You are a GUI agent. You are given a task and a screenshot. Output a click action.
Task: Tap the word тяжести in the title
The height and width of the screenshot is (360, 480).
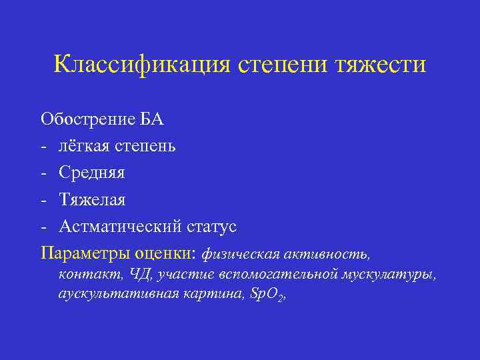click(382, 65)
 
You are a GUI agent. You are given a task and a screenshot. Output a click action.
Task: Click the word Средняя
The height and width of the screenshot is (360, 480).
click(91, 173)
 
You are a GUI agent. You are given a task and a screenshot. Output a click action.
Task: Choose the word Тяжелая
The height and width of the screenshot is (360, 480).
click(92, 199)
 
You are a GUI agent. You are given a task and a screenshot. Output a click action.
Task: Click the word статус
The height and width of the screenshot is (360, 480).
click(210, 226)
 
